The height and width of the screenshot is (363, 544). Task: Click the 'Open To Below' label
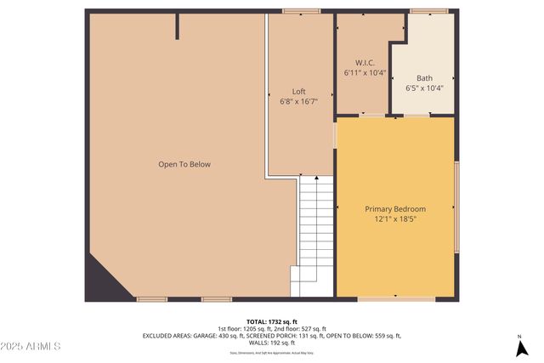click(x=184, y=164)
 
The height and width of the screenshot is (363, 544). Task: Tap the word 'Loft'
click(x=298, y=92)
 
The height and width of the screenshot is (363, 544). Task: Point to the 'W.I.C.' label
click(x=365, y=63)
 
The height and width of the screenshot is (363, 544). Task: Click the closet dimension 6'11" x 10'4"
click(x=365, y=73)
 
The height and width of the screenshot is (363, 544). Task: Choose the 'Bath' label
click(x=424, y=77)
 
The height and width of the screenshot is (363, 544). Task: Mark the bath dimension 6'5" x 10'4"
click(x=424, y=88)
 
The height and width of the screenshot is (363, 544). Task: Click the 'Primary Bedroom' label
click(x=395, y=209)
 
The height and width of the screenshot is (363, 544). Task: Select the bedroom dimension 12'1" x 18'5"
click(x=395, y=219)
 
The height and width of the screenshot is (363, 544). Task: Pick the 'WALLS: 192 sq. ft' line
click(x=272, y=343)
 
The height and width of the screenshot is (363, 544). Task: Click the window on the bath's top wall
click(x=429, y=11)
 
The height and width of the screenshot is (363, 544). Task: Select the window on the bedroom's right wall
click(x=457, y=208)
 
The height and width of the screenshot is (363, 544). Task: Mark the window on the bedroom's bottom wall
click(x=385, y=299)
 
